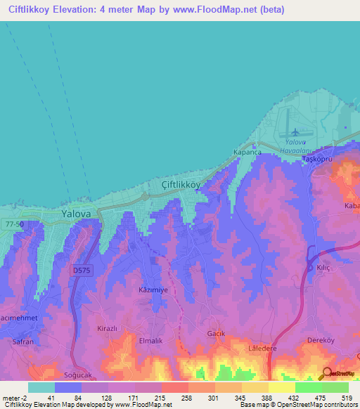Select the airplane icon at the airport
295,131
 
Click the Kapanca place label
247,152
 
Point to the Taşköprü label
316,160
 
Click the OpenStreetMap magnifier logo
326,373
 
